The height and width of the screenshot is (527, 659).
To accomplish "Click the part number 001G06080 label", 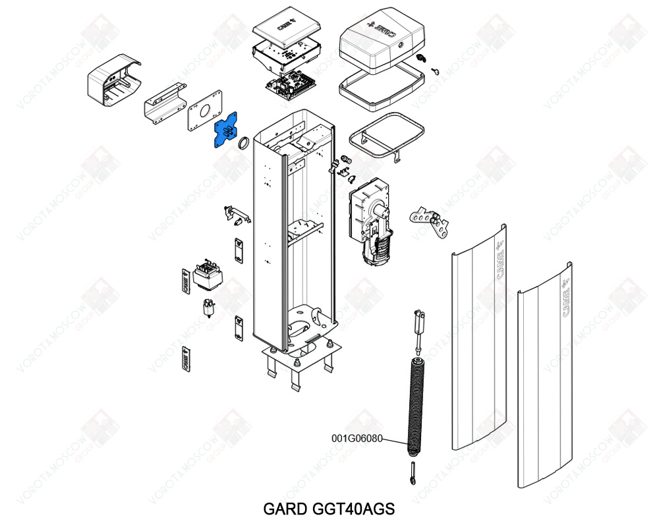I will coord(357,437).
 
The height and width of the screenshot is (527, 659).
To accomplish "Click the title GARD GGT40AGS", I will coord(329,509).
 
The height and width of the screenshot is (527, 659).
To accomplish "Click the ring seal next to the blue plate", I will coord(243,142).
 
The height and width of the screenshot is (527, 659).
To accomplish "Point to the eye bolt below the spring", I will coord(413,473).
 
